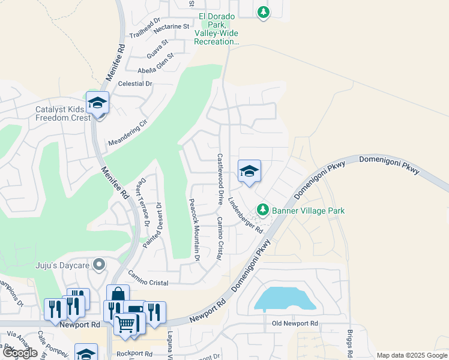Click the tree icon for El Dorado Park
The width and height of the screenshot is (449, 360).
tap(263, 12)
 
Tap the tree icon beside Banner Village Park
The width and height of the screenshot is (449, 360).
tap(262, 210)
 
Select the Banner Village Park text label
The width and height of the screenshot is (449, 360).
tap(308, 211)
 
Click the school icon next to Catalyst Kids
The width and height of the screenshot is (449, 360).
tap(97, 104)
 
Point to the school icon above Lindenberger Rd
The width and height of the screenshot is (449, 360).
tap(249, 172)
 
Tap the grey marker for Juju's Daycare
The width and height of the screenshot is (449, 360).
tap(100, 265)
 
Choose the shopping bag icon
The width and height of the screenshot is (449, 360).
tap(118, 294)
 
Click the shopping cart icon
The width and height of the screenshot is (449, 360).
tap(125, 324)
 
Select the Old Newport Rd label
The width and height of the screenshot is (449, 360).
tap(294, 323)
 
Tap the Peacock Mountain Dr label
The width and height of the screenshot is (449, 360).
tap(193, 230)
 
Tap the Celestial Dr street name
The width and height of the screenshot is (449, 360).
tap(136, 84)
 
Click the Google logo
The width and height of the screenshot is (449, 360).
tap(20, 353)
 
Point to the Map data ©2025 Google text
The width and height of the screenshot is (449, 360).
tap(411, 355)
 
